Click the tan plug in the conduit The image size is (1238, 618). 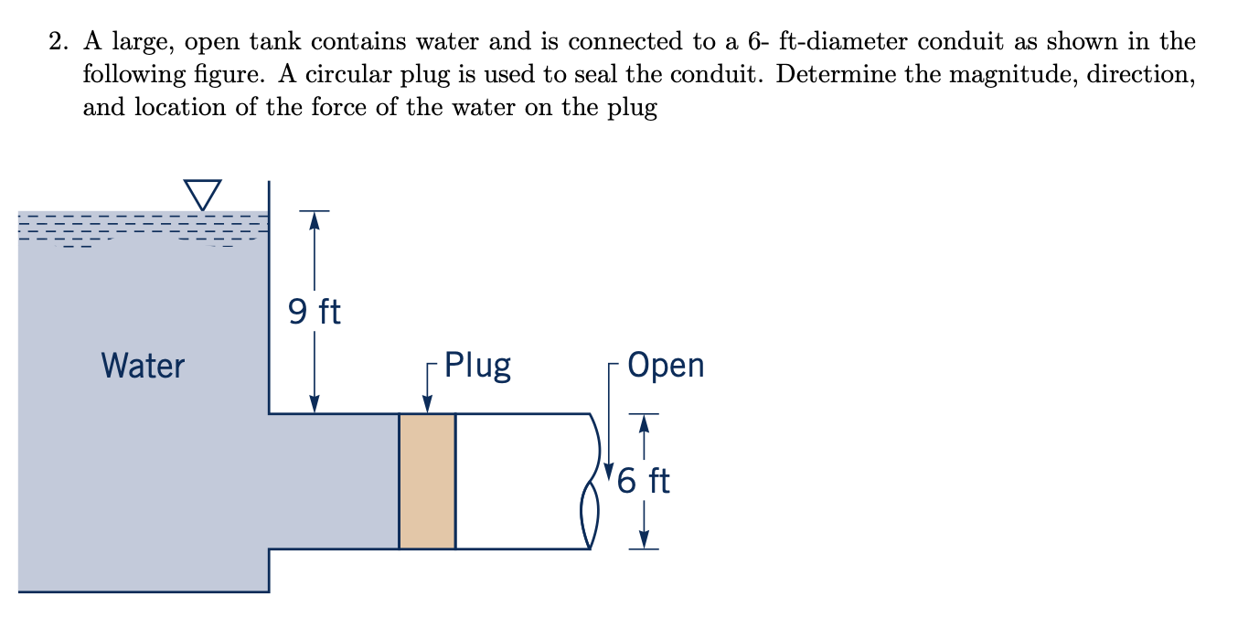pos(427,481)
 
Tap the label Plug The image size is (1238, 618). pos(477,365)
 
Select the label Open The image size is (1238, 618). pos(667,365)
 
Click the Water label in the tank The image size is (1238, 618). pos(144,367)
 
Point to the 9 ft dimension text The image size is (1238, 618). pos(314,313)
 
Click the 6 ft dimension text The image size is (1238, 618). pos(644,480)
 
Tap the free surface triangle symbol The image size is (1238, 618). pos(202,193)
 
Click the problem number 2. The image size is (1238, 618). pos(57,42)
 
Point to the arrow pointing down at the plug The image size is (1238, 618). pos(427,402)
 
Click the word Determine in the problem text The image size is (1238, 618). pos(834,75)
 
